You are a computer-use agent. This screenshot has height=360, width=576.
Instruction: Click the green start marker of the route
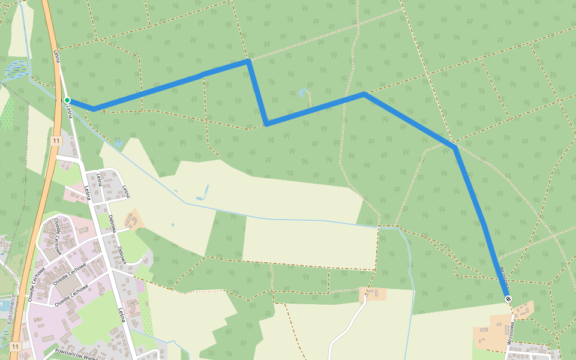click(67, 100)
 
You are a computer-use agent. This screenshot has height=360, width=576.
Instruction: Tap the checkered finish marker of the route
click(508, 298)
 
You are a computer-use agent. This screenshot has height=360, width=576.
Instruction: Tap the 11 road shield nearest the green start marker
click(56, 140)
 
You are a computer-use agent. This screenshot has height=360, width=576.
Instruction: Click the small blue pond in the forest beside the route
click(302, 92)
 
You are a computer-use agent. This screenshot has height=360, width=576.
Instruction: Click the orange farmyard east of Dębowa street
click(134, 220)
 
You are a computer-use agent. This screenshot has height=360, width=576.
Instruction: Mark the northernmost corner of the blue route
click(248, 61)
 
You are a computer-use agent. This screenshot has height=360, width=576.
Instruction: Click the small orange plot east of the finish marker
click(524, 310)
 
